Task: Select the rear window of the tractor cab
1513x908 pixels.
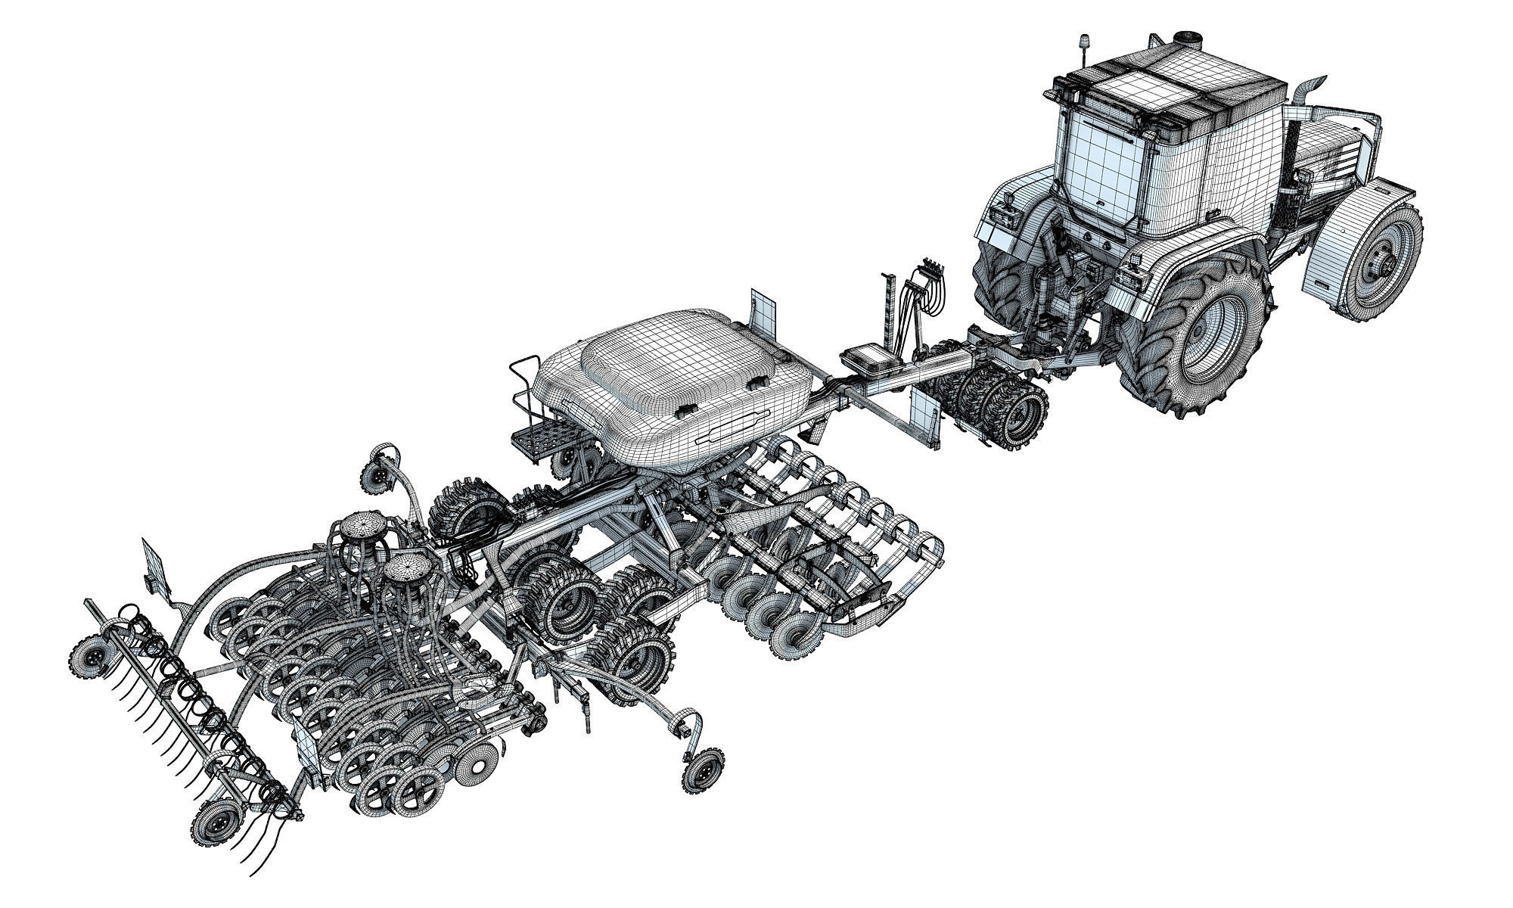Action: [1098, 168]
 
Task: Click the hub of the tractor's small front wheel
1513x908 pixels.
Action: [1390, 262]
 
